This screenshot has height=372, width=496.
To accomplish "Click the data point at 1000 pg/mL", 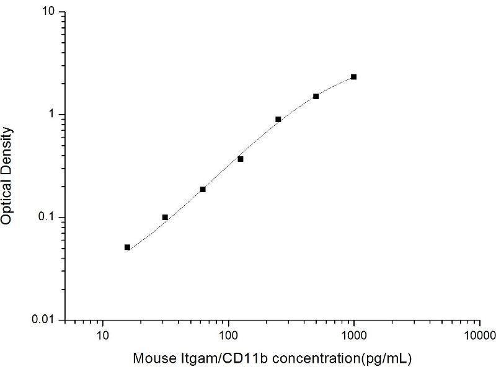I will [x=353, y=77].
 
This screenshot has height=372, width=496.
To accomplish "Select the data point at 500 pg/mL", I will [x=316, y=96].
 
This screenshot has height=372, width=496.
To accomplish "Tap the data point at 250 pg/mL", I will [x=278, y=119].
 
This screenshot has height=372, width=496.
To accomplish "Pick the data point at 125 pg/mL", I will [x=241, y=159].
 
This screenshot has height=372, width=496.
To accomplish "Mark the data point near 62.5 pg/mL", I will [x=203, y=189].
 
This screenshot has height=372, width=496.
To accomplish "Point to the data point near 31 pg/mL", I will [x=165, y=217].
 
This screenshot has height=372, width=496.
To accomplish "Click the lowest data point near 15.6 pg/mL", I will [x=127, y=247].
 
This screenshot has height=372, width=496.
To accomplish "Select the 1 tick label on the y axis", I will [x=54, y=115].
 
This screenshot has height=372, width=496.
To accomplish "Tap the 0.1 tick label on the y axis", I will [x=49, y=217].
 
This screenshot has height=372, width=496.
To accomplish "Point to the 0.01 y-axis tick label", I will [x=46, y=320].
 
